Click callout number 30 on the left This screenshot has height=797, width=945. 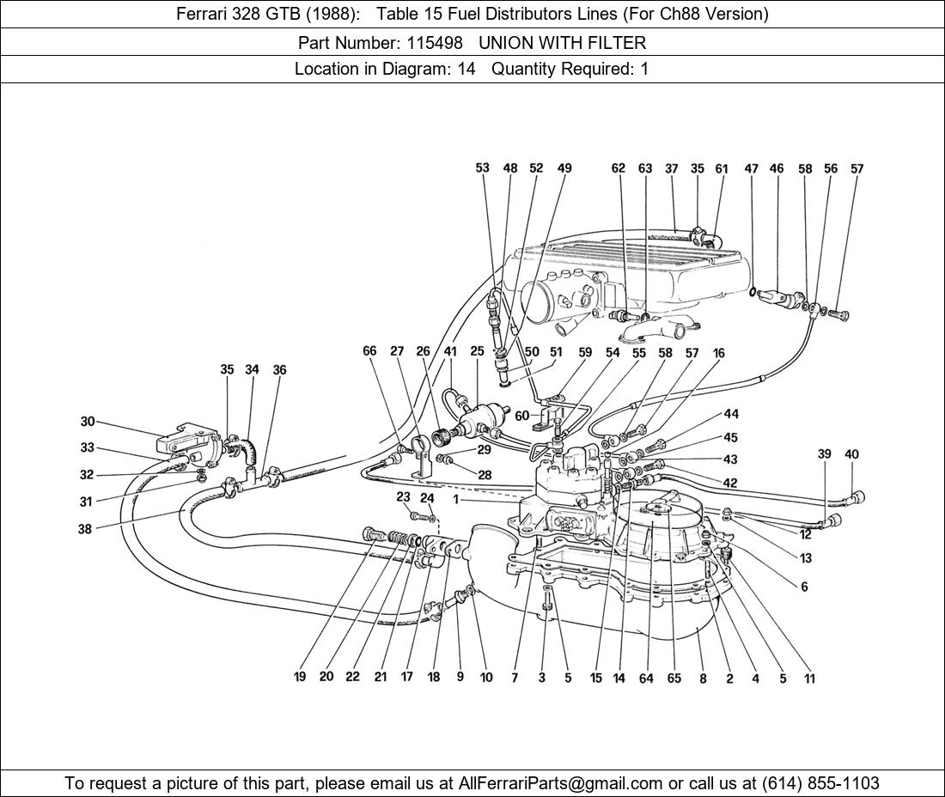88,422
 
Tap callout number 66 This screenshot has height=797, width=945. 369,351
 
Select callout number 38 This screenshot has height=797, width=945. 84,530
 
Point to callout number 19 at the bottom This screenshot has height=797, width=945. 300,677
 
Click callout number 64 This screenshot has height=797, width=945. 646,678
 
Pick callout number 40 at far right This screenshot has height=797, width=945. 851,454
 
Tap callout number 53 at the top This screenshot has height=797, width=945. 483,168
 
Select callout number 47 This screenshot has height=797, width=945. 752,169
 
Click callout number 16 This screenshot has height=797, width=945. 719,353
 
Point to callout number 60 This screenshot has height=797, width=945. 521,416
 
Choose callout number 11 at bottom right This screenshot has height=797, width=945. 809,678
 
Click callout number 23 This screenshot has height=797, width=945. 403,497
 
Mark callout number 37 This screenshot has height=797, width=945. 672,169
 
